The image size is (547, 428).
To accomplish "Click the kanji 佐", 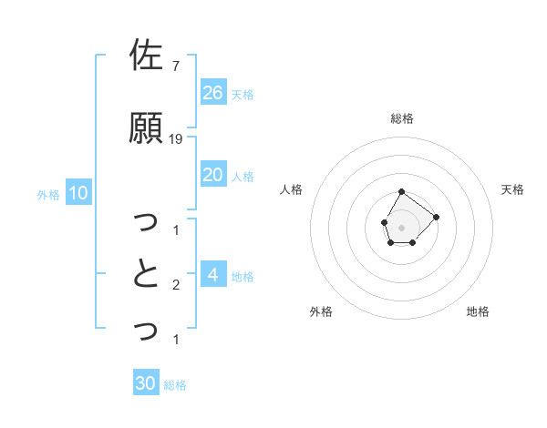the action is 146,56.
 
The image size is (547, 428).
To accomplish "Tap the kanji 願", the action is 146,127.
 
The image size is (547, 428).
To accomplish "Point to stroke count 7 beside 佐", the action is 176,66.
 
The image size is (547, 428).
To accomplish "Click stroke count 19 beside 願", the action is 176,138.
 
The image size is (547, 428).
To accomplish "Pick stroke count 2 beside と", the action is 176,285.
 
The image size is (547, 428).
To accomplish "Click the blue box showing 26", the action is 212,93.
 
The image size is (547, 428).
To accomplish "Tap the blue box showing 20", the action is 212,175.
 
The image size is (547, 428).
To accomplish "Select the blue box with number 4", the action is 212,275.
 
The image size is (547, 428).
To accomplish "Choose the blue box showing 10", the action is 77,193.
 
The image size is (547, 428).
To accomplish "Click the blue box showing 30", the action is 146,383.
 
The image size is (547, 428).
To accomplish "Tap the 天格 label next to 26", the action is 243,94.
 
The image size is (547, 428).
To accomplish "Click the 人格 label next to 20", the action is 243,176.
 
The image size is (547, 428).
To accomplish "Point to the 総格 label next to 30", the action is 175,384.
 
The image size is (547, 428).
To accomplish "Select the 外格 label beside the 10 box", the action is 48,194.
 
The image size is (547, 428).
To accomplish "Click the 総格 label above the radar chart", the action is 402,118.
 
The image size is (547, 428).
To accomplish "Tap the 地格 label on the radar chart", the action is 478,311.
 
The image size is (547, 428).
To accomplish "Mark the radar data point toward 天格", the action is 436,217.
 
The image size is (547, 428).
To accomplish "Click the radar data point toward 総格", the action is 401,191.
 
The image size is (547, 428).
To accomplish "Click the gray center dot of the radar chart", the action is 401,226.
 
